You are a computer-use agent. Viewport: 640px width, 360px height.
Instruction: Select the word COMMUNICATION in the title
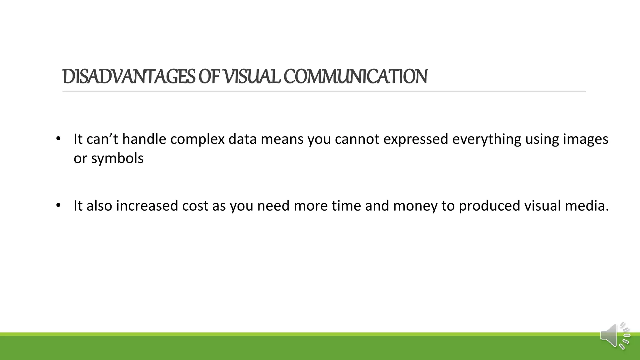(355, 77)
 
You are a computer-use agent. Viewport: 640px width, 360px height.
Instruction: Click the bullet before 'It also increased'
(58, 206)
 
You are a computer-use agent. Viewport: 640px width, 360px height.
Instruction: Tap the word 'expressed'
(416, 139)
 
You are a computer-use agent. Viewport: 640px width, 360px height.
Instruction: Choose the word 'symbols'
(117, 158)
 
